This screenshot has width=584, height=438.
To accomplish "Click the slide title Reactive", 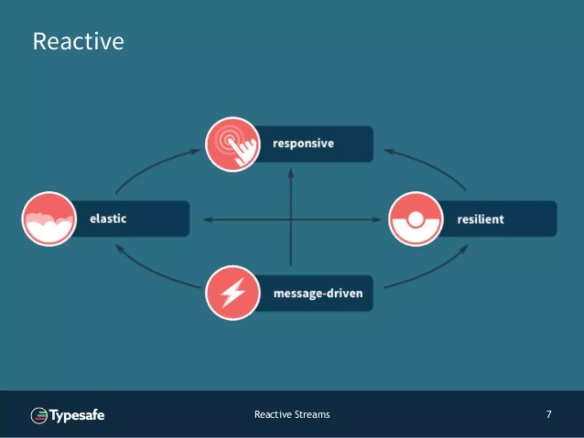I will click(78, 42).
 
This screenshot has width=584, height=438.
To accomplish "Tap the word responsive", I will click(303, 144).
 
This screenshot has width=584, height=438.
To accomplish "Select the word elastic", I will click(108, 219).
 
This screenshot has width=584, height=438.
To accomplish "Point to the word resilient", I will click(480, 220).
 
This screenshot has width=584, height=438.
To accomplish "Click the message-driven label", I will click(318, 293).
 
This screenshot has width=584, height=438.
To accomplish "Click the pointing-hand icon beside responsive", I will click(233, 144).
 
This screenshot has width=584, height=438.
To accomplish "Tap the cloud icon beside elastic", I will click(49, 219).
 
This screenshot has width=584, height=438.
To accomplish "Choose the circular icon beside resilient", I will click(416, 219).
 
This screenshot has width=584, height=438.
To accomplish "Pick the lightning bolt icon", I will click(233, 293).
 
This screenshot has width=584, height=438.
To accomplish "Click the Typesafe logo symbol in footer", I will click(39, 415).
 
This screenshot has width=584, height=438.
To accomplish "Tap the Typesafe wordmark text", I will click(77, 415).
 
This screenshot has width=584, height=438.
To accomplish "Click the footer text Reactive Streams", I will click(292, 414).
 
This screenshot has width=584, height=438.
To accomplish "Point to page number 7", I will click(549, 414).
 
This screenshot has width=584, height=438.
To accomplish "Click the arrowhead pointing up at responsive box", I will click(291, 173).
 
